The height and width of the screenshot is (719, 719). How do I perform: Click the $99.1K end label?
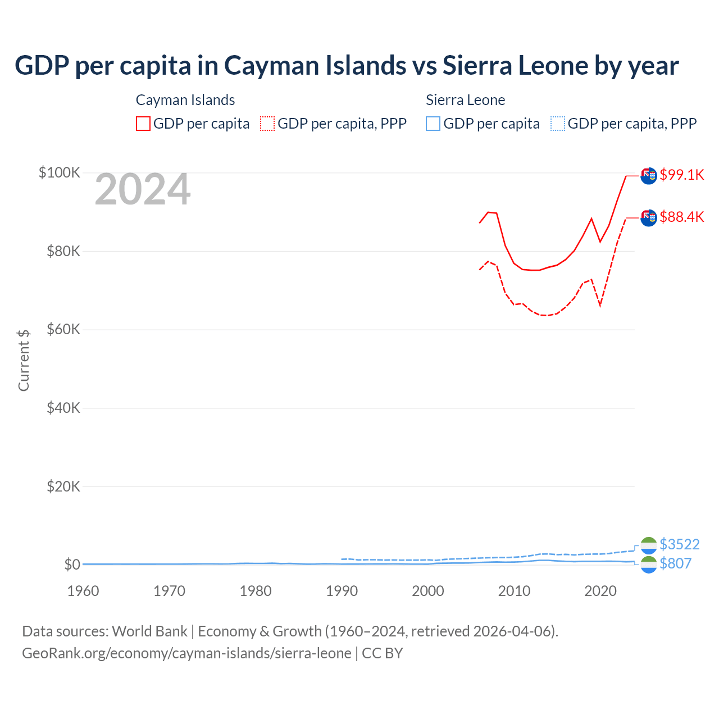(681, 175)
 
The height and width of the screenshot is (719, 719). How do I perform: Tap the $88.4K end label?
(681, 217)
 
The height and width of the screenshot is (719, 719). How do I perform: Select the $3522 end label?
(679, 544)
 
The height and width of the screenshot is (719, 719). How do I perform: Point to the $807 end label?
(675, 563)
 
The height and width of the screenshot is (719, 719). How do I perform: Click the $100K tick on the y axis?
(60, 172)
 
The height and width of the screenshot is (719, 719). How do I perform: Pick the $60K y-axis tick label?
(63, 329)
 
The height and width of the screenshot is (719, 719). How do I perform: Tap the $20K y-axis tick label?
(63, 486)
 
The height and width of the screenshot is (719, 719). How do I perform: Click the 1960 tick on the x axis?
(83, 591)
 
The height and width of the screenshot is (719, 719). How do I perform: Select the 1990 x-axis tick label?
(342, 591)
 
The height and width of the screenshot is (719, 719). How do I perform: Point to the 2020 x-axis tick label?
(600, 591)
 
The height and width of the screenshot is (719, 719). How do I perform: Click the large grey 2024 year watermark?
(143, 190)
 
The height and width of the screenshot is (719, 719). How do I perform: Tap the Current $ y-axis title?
(24, 360)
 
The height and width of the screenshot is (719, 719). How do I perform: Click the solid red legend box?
(143, 124)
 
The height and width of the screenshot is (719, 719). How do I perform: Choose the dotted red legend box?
(267, 124)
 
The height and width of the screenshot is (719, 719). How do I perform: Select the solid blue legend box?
(433, 124)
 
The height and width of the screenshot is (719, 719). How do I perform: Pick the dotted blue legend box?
(558, 124)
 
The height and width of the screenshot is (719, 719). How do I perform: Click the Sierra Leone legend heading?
(465, 100)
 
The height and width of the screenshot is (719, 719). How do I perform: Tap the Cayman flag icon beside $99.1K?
(649, 175)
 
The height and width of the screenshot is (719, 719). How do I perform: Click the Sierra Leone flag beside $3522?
(649, 545)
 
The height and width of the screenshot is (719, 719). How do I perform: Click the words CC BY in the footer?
(382, 653)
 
